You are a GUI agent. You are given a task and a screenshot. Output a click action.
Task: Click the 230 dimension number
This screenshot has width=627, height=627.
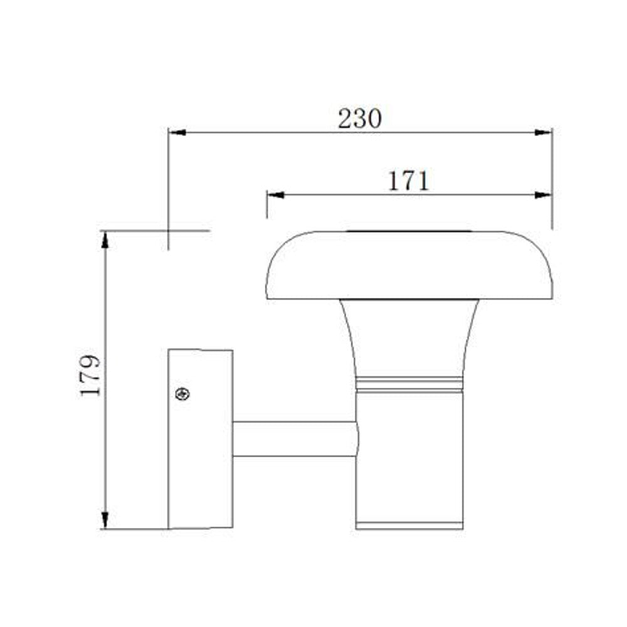point(359,119)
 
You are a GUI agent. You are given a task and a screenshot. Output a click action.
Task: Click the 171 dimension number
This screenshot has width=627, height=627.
point(408,181)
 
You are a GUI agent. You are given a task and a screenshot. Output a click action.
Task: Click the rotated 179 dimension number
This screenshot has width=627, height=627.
point(90,375)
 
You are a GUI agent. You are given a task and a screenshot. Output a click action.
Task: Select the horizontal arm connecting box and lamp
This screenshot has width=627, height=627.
point(293,438)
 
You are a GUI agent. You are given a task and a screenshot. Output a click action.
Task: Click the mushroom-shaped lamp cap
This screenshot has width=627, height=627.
point(409,265)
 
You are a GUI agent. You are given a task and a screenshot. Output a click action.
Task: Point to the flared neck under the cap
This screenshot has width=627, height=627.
point(409,339)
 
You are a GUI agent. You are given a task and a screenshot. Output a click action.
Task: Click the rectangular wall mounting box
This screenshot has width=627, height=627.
point(200,439)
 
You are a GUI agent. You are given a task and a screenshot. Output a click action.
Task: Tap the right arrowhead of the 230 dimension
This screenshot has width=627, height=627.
point(543,133)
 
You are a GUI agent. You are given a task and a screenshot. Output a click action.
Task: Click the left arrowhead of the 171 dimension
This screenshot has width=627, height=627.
point(275,195)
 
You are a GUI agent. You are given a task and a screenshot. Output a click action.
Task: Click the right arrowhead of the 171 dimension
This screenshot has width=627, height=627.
point(543,195)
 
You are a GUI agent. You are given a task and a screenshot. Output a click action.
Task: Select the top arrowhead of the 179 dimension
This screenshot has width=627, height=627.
point(105,239)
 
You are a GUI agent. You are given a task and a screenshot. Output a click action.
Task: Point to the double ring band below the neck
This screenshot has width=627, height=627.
point(409,385)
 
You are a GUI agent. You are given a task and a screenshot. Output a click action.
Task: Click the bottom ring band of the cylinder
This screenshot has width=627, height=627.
point(409,524)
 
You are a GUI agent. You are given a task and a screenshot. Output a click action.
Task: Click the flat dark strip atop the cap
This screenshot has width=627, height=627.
point(409,232)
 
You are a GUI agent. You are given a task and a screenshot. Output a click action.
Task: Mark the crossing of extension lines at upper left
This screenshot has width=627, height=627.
point(168,231)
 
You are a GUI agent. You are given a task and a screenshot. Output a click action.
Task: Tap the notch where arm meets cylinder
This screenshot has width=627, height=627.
point(357,438)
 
